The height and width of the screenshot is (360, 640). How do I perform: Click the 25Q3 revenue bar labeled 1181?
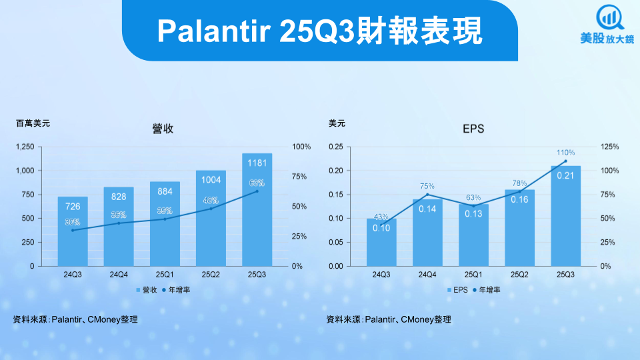[257, 210]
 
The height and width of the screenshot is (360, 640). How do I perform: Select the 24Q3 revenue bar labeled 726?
[73, 231]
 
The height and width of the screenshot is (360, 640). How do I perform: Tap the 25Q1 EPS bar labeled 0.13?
[473, 235]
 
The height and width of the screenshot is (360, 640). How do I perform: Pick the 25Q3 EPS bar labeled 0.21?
[566, 216]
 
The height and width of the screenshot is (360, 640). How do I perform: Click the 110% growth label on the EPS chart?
[566, 153]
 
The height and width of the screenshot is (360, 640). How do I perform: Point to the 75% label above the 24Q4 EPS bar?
[427, 187]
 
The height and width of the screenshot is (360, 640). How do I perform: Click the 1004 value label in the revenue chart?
[211, 180]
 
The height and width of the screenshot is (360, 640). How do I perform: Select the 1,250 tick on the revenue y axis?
[25, 147]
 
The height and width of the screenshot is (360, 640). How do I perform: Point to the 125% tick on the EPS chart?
[610, 147]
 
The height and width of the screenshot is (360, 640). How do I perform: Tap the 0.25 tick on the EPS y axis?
[336, 147]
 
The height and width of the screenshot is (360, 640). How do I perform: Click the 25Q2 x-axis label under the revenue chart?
[211, 275]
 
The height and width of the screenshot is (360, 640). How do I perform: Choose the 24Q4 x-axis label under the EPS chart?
[427, 275]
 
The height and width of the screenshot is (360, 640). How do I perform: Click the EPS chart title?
[473, 129]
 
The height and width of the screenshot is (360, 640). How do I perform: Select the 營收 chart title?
[163, 129]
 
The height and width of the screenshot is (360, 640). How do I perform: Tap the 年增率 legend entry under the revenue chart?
[176, 290]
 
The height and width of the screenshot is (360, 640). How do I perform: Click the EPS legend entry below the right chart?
[457, 290]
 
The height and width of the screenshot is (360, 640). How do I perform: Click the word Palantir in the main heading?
[214, 31]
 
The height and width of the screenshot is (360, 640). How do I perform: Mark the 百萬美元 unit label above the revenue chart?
[33, 123]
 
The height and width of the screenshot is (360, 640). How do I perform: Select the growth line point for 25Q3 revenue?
[257, 191]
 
